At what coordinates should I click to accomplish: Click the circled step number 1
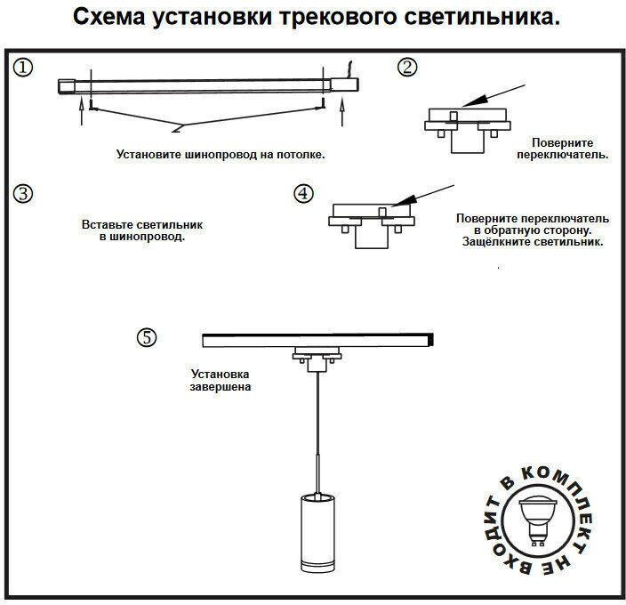pos(24,69)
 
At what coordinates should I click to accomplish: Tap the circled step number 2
pos(406,67)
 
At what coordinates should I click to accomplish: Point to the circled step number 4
pos(304,193)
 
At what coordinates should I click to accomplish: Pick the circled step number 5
pos(147,337)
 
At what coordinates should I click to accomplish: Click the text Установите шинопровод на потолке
pos(221,154)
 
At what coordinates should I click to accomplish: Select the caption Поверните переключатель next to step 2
pos(562,148)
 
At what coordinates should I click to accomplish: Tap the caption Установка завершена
pos(219,381)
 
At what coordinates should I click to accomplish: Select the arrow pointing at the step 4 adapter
pos(424,195)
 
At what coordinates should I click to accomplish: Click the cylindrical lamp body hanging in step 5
pos(317,534)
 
